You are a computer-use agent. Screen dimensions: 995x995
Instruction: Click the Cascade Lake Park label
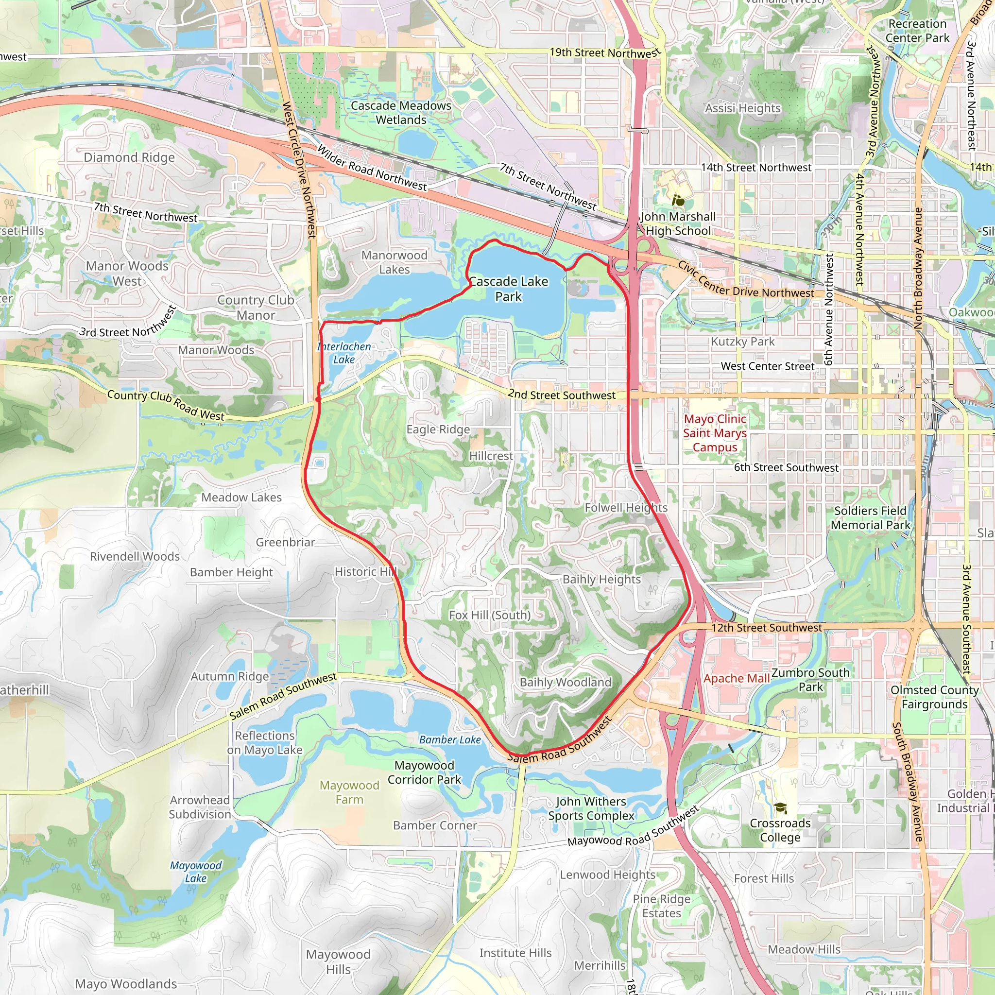click(x=508, y=289)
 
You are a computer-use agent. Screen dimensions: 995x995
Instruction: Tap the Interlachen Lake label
click(x=344, y=353)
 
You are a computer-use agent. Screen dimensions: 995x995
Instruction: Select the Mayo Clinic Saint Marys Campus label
click(x=715, y=433)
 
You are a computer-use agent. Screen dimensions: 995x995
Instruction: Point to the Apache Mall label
click(x=737, y=679)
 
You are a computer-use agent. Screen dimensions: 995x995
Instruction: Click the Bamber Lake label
click(x=449, y=739)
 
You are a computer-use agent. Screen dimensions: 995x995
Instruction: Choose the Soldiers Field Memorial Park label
click(x=870, y=517)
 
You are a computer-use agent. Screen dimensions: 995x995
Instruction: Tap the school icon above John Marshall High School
click(x=678, y=200)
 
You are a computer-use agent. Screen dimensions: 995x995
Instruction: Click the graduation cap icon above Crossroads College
click(x=780, y=808)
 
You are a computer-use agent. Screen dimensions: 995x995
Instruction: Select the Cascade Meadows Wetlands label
click(x=401, y=112)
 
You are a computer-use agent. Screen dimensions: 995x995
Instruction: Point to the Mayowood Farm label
click(x=349, y=792)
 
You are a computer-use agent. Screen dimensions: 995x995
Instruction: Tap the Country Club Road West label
click(x=165, y=405)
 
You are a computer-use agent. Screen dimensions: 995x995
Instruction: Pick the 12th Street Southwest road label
click(x=767, y=627)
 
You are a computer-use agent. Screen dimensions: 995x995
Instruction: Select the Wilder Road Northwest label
click(x=371, y=168)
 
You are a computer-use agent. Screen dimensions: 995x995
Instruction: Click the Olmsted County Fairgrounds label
click(x=934, y=697)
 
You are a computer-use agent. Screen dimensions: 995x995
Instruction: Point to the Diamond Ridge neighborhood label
click(x=129, y=157)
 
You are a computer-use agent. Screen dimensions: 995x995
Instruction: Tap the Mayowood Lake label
click(x=196, y=872)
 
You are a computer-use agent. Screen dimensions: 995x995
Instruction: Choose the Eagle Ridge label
click(x=438, y=429)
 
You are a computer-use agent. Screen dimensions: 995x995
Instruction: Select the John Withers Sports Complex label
click(x=591, y=808)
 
